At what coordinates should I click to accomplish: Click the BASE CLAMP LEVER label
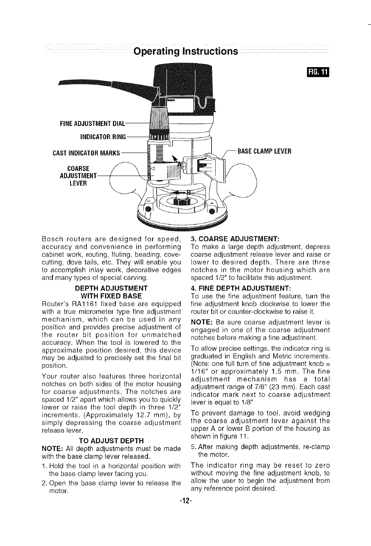coord(264,152)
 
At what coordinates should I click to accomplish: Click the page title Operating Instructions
coord(185,52)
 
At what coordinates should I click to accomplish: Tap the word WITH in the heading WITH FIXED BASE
coord(91,295)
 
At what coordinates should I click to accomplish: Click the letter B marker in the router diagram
coord(188,193)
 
